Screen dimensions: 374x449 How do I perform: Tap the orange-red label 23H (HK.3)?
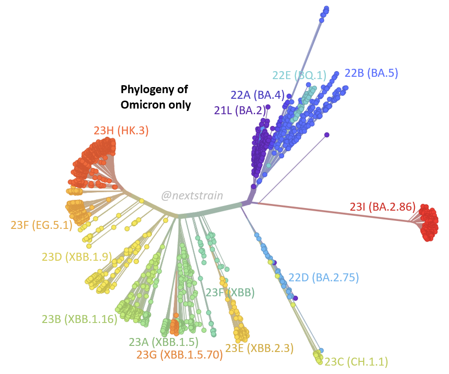[121, 131]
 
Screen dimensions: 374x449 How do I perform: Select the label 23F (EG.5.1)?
[41, 225]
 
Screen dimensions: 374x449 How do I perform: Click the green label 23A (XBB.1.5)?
[164, 342]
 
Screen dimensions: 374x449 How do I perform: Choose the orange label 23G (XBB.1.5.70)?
[179, 355]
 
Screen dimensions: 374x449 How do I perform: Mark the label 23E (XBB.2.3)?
[259, 348]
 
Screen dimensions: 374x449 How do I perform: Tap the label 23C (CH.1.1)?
[356, 361]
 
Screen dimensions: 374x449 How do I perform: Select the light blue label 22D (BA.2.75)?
[324, 278]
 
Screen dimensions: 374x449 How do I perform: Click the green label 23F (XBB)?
[230, 293]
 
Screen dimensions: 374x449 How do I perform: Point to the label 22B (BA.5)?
[371, 73]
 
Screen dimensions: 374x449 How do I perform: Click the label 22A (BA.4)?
[258, 95]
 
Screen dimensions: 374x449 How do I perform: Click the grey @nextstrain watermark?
[192, 196]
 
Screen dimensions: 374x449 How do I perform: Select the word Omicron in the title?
[141, 105]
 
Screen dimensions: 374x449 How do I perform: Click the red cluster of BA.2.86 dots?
[428, 222]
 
